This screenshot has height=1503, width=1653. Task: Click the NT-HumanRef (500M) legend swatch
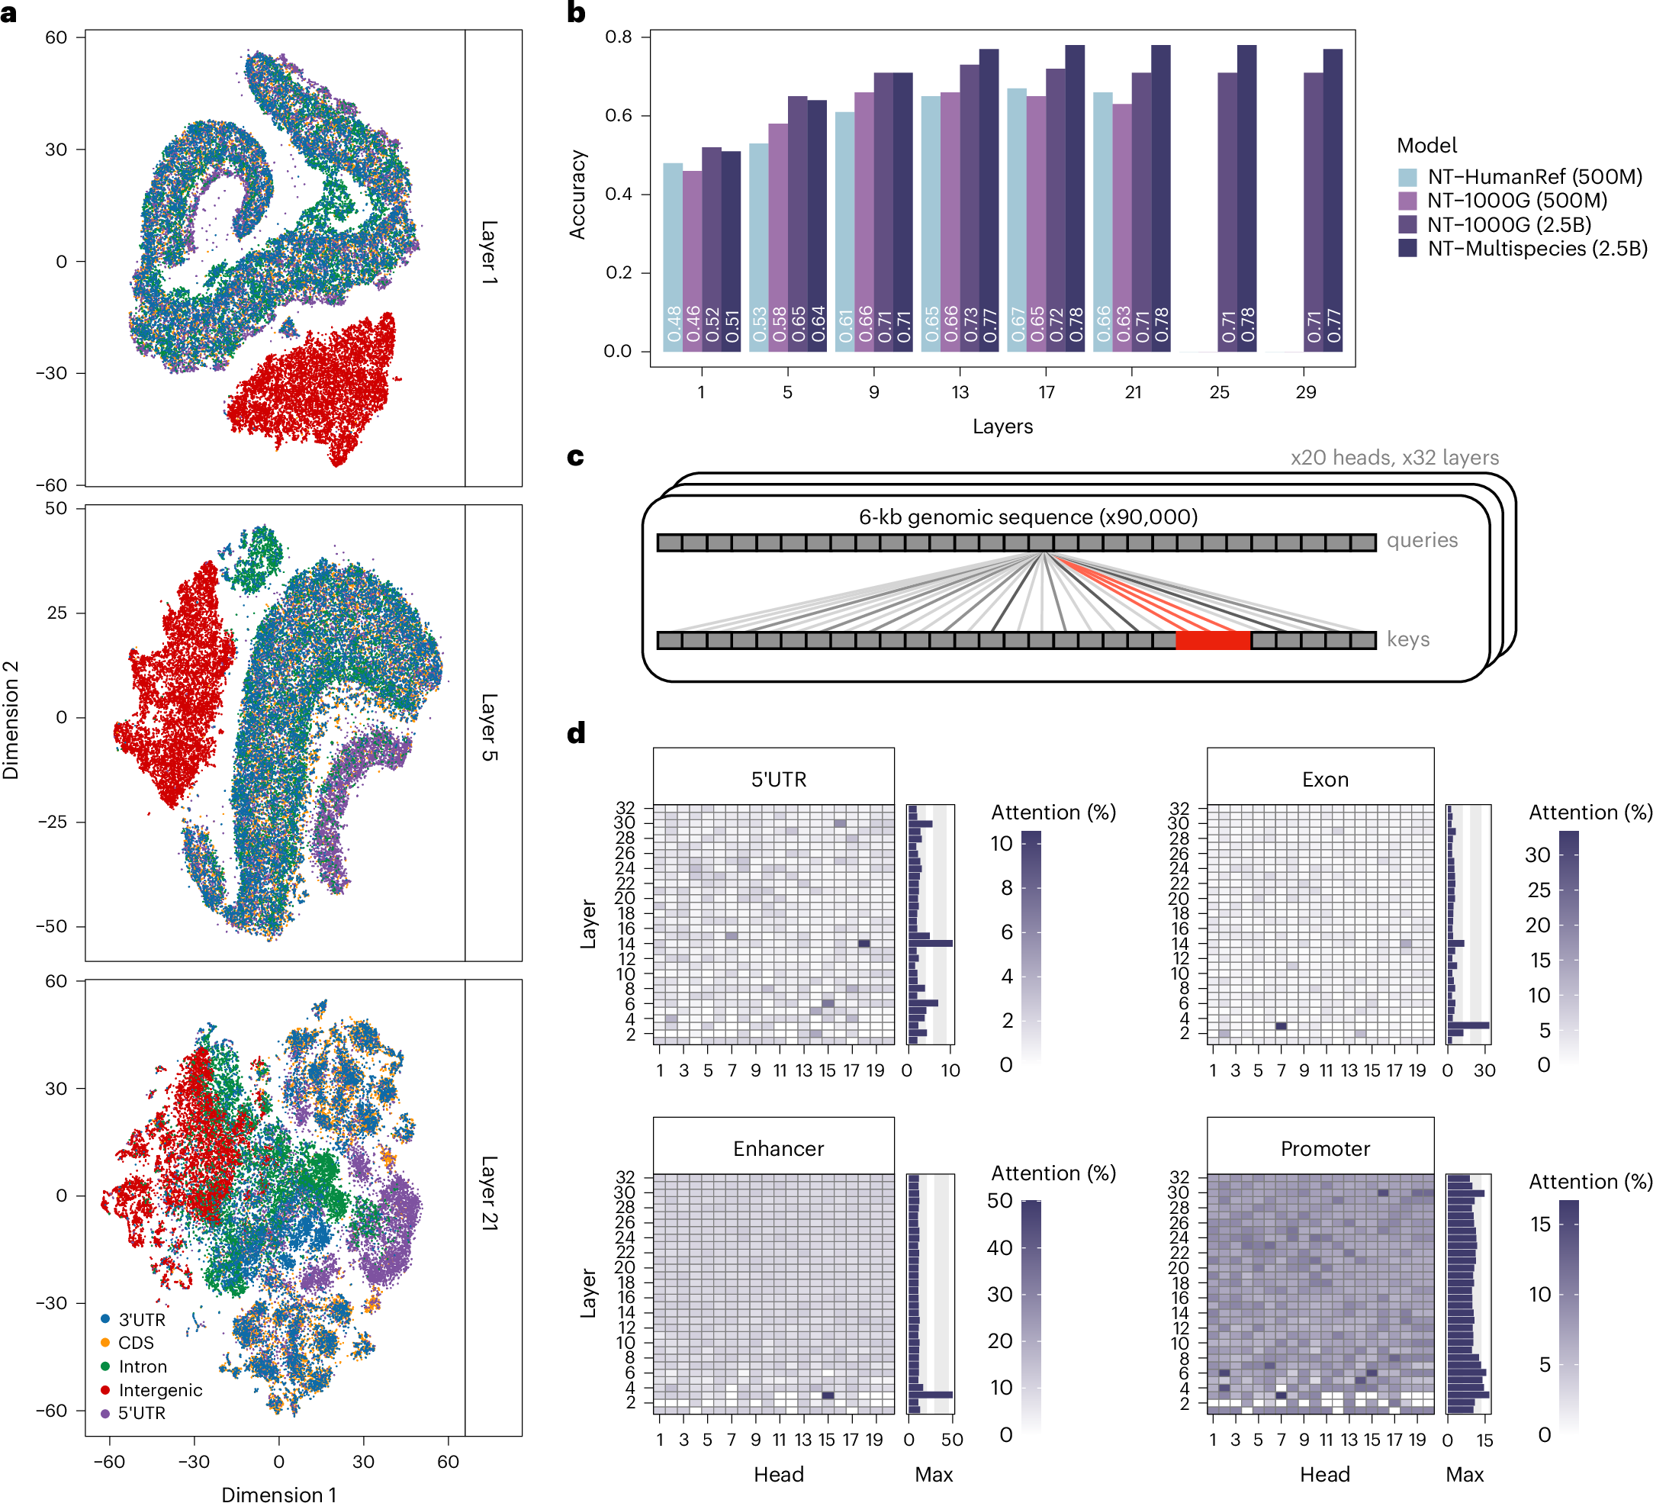[x=1407, y=177]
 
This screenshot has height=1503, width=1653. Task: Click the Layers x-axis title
[x=1002, y=426]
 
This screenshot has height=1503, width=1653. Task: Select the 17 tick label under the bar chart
[x=1047, y=392]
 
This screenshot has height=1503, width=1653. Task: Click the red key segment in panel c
[x=1213, y=640]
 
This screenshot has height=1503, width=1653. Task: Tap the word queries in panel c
[x=1422, y=540]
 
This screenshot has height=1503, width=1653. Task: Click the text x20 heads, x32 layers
[x=1394, y=458]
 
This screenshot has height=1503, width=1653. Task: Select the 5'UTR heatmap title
[x=778, y=779]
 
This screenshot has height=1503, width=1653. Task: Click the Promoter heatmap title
[x=1324, y=1148]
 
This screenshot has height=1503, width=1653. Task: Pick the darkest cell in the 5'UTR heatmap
[x=863, y=943]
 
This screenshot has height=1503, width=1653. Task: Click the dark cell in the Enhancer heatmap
[x=828, y=1395]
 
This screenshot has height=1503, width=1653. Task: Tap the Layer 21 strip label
[x=489, y=1192]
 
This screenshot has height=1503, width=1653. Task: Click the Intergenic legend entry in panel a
[x=160, y=1390]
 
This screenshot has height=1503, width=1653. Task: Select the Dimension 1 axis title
[x=278, y=1494]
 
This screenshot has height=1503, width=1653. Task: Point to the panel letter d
[x=577, y=732]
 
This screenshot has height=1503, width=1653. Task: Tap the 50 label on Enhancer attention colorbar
[x=999, y=1200]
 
